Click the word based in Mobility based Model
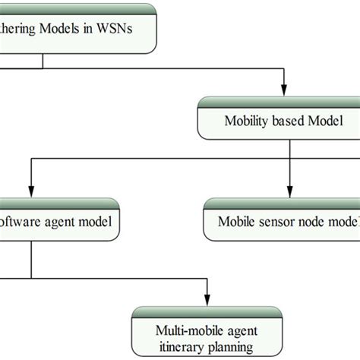tap(289, 121)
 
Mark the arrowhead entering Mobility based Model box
tap(285, 90)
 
